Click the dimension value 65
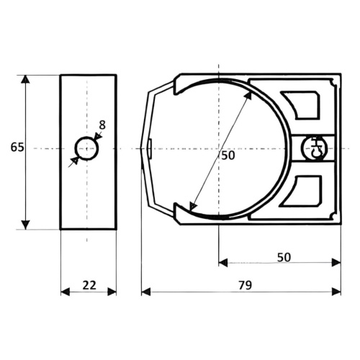[x=17, y=147]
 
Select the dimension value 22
[x=89, y=285]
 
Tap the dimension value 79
[x=246, y=285]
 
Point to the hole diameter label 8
[x=102, y=125]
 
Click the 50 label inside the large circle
[x=228, y=156]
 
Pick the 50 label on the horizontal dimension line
[x=284, y=257]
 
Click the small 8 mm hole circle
[x=87, y=148]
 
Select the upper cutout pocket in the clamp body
[x=302, y=104]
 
